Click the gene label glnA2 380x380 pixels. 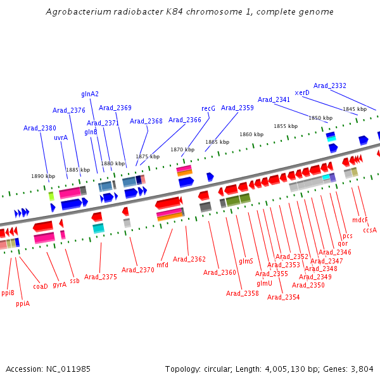tap(90, 94)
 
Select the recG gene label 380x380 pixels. tap(208, 108)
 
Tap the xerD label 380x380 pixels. tap(302, 92)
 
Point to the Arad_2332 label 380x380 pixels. tap(329, 85)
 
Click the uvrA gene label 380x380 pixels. tap(61, 137)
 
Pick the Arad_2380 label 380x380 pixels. tap(40, 128)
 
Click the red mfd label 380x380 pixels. tap(162, 265)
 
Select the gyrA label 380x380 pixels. tap(60, 284)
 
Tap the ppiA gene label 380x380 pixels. tap(23, 303)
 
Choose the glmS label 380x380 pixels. tap(246, 261)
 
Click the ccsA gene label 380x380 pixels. tap(370, 230)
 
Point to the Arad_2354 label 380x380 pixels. tap(283, 297)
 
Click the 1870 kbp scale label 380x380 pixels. tap(182, 149)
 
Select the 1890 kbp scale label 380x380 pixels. tap(43, 176)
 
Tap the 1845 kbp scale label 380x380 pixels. tap(355, 109)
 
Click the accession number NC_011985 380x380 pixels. tap(68, 369)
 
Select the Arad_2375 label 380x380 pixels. tap(100, 277)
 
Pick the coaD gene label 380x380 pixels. tap(41, 286)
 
